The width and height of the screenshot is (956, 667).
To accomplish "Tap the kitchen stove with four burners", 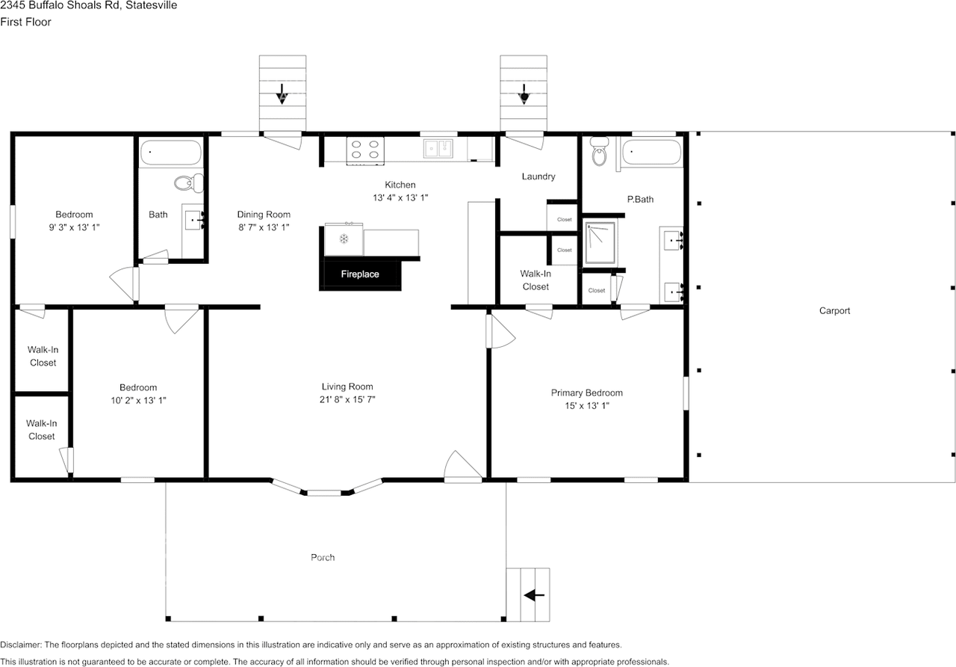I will (x=365, y=150).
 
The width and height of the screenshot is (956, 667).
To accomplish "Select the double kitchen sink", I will (x=439, y=149).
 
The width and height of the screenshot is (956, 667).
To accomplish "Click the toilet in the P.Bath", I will (x=599, y=153).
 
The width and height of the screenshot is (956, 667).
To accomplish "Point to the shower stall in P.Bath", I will (x=600, y=242).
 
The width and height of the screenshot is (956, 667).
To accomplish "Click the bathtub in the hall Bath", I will (x=171, y=153).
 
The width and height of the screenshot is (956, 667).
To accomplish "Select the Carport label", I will (x=834, y=311).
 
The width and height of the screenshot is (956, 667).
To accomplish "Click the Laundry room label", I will (x=538, y=176).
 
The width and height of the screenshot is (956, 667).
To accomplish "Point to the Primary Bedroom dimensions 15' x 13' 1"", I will (x=586, y=406).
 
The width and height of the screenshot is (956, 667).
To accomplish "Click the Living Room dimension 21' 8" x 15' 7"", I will (x=347, y=400).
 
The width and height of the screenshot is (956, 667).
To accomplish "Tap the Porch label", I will (x=323, y=557).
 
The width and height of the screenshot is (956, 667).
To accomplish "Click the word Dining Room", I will (x=264, y=215).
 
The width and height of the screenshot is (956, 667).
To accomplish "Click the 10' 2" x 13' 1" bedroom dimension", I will (x=138, y=401).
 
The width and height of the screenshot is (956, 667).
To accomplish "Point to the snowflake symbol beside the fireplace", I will (x=344, y=239).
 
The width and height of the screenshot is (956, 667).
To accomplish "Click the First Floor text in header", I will (x=25, y=22).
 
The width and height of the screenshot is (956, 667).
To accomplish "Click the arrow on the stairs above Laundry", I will (x=524, y=94).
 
